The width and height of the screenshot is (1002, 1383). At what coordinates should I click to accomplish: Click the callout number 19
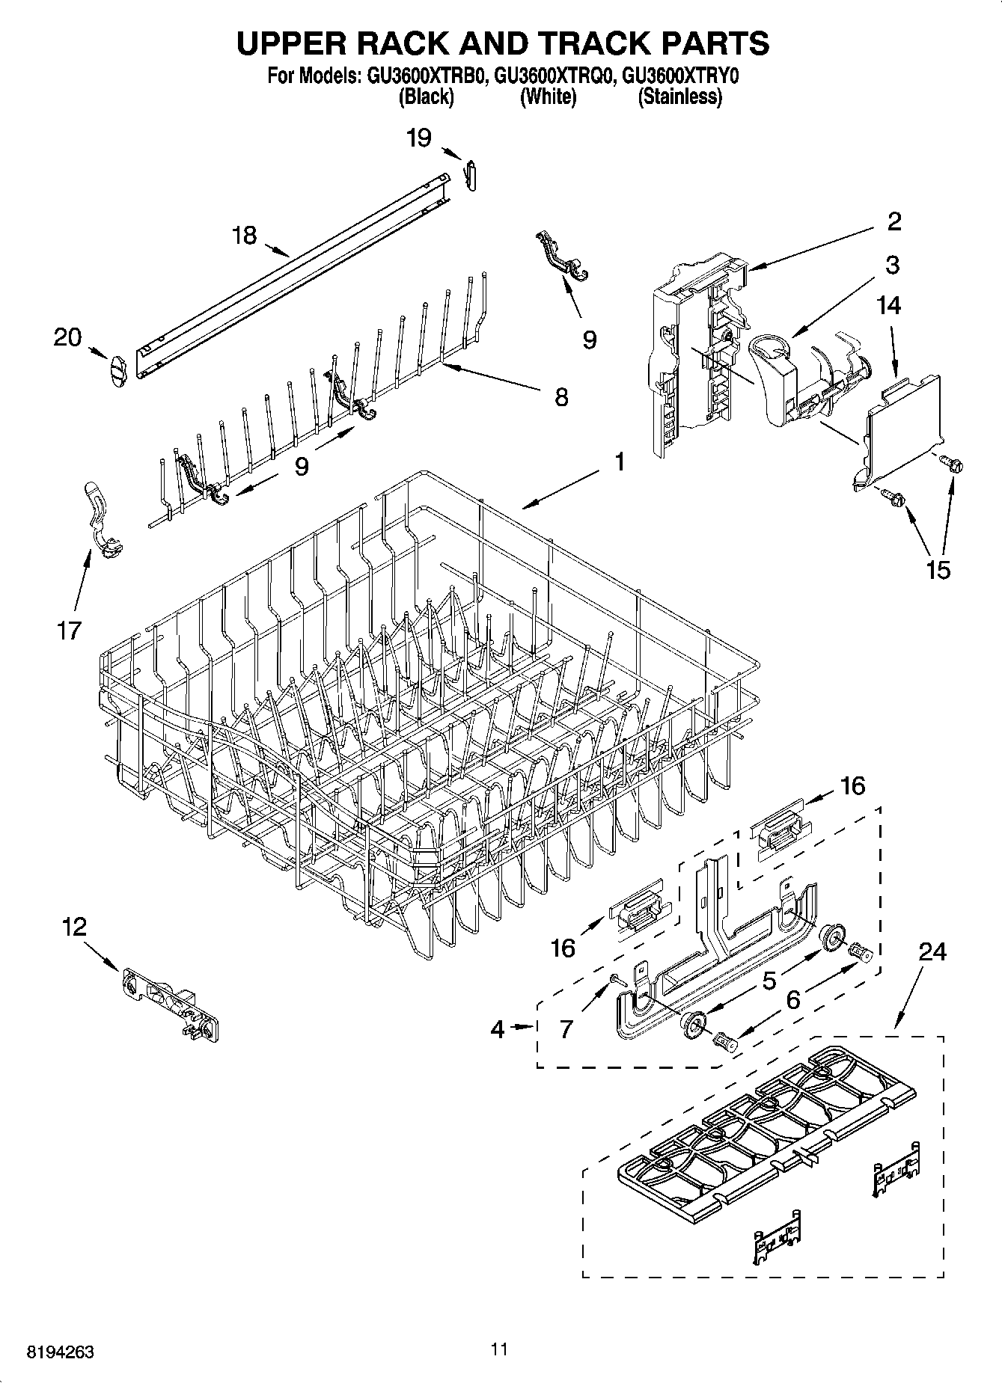point(419,138)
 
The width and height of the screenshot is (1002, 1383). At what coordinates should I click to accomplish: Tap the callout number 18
point(244,236)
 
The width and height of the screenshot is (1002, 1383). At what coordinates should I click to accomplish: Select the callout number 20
point(67,338)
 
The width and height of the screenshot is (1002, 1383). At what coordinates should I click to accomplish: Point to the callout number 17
point(68,631)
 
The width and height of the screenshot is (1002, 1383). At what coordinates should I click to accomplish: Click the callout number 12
point(74,927)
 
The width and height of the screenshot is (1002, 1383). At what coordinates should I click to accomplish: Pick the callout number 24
point(932,951)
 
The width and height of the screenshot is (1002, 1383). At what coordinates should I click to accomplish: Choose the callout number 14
point(889,305)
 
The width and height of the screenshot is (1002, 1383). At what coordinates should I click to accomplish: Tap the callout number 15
point(938,570)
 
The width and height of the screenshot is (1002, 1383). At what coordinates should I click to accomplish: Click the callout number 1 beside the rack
point(620,462)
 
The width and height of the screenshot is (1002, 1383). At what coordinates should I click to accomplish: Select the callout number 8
point(560,396)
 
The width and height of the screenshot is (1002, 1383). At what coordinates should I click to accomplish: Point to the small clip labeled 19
point(471,175)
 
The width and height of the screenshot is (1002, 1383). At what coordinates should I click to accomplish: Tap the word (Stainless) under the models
point(679,96)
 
